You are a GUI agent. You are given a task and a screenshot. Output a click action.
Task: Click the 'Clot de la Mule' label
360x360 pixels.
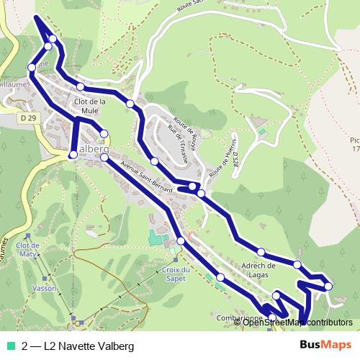pyautogui.click(x=91, y=106)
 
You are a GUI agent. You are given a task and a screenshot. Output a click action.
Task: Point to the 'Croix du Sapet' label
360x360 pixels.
pyautogui.click(x=171, y=274)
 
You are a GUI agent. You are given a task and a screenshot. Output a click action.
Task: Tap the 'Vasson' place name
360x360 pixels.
pyautogui.click(x=45, y=287)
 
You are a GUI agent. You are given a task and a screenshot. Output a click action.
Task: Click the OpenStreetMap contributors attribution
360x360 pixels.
pyautogui.click(x=297, y=323)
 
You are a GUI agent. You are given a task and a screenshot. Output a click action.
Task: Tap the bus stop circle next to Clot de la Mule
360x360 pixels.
pyautogui.click(x=81, y=87)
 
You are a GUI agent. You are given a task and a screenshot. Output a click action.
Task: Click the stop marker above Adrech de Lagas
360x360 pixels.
pyautogui.click(x=261, y=253)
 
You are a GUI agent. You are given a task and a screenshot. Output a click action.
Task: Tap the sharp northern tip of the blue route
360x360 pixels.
pyautogui.click(x=36, y=15)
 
